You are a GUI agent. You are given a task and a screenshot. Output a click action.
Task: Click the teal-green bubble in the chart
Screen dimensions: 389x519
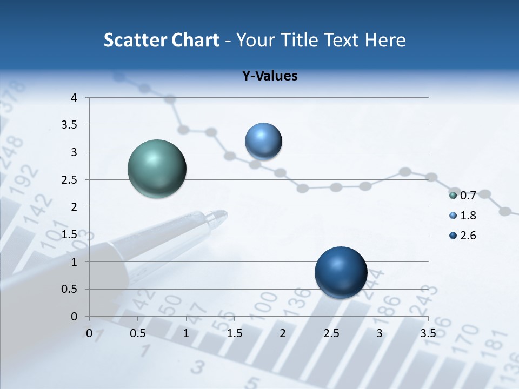pyautogui.click(x=157, y=169)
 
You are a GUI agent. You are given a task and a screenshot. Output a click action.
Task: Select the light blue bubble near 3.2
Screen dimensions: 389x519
pyautogui.click(x=263, y=141)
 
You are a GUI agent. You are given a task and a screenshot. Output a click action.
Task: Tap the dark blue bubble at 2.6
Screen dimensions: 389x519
pyautogui.click(x=341, y=272)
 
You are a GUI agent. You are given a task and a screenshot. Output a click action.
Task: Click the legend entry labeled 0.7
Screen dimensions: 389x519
pyautogui.click(x=463, y=195)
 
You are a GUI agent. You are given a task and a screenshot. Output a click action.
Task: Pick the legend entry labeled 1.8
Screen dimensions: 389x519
pyautogui.click(x=463, y=216)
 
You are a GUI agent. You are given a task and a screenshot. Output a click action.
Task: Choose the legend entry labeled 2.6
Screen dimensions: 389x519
pyautogui.click(x=463, y=236)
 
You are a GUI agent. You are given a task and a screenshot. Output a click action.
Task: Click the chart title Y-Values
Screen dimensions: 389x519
pyautogui.click(x=269, y=76)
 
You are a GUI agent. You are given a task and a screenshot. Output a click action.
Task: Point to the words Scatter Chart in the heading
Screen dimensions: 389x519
pyautogui.click(x=161, y=40)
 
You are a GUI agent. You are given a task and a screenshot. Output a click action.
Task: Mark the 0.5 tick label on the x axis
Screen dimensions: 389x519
pyautogui.click(x=137, y=333)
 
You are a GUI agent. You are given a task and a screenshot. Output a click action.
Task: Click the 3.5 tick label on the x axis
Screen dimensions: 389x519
pyautogui.click(x=428, y=333)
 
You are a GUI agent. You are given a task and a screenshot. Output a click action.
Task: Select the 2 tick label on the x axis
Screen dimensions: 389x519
pyautogui.click(x=282, y=333)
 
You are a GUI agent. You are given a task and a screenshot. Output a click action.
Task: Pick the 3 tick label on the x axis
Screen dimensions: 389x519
pyautogui.click(x=379, y=333)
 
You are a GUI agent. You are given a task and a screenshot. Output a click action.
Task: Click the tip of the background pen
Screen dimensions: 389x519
pyautogui.click(x=225, y=214)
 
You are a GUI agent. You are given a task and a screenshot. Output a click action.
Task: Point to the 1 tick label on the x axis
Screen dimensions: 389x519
pyautogui.click(x=186, y=333)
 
